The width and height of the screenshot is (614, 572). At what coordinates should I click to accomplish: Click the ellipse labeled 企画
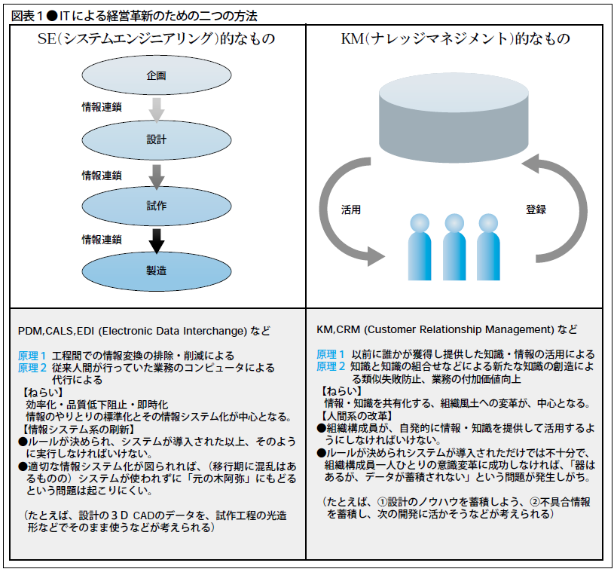click(156, 76)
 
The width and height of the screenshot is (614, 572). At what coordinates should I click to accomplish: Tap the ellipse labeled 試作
click(156, 205)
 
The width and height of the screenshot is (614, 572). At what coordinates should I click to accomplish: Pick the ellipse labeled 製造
click(156, 270)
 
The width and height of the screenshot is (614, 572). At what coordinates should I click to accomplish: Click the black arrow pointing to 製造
click(156, 240)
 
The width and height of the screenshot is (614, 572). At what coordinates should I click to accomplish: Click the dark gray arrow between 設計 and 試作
click(156, 175)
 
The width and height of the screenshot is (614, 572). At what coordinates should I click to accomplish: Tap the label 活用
click(352, 210)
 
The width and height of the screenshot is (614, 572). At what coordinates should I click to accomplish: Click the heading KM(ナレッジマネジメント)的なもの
click(455, 38)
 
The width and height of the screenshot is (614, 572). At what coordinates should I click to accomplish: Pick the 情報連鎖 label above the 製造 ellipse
click(102, 239)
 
